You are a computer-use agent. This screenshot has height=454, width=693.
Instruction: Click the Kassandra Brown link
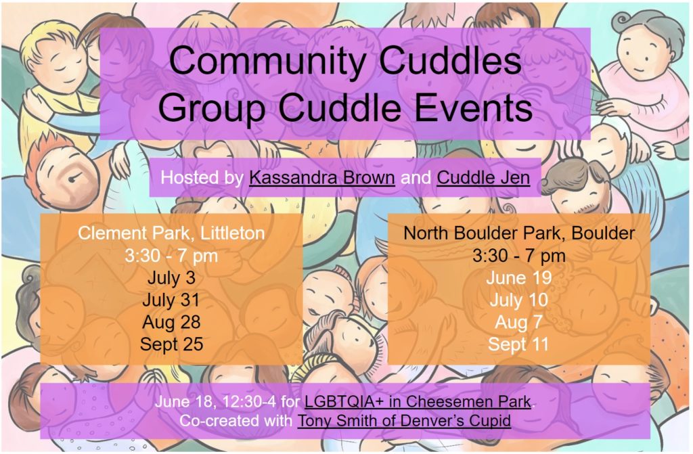pyautogui.click(x=321, y=177)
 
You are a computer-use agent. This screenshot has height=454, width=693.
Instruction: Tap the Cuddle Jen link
pyautogui.click(x=483, y=177)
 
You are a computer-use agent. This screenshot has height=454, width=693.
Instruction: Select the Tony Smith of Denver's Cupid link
pyautogui.click(x=404, y=420)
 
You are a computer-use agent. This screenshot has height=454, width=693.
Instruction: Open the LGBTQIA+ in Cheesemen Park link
pyautogui.click(x=418, y=401)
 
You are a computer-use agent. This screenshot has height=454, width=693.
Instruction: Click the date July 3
pyautogui.click(x=171, y=278)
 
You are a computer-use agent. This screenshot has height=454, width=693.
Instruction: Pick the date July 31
pyautogui.click(x=171, y=300)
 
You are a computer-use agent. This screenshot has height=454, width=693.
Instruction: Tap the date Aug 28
pyautogui.click(x=171, y=322)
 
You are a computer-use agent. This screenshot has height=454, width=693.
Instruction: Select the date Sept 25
pyautogui.click(x=171, y=344)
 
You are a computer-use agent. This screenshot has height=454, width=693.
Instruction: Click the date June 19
pyautogui.click(x=519, y=278)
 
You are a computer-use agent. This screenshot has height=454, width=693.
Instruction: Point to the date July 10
pyautogui.click(x=519, y=300)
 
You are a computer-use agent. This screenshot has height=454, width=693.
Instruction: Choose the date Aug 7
pyautogui.click(x=519, y=322)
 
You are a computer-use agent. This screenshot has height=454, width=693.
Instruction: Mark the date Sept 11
pyautogui.click(x=519, y=344)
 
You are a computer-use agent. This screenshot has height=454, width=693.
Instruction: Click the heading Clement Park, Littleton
pyautogui.click(x=171, y=233)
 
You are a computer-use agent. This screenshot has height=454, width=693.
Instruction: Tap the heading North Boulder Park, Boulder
pyautogui.click(x=519, y=233)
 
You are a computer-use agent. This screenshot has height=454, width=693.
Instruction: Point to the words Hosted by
pyautogui.click(x=202, y=177)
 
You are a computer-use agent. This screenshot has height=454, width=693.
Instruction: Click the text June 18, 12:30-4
pyautogui.click(x=216, y=401)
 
